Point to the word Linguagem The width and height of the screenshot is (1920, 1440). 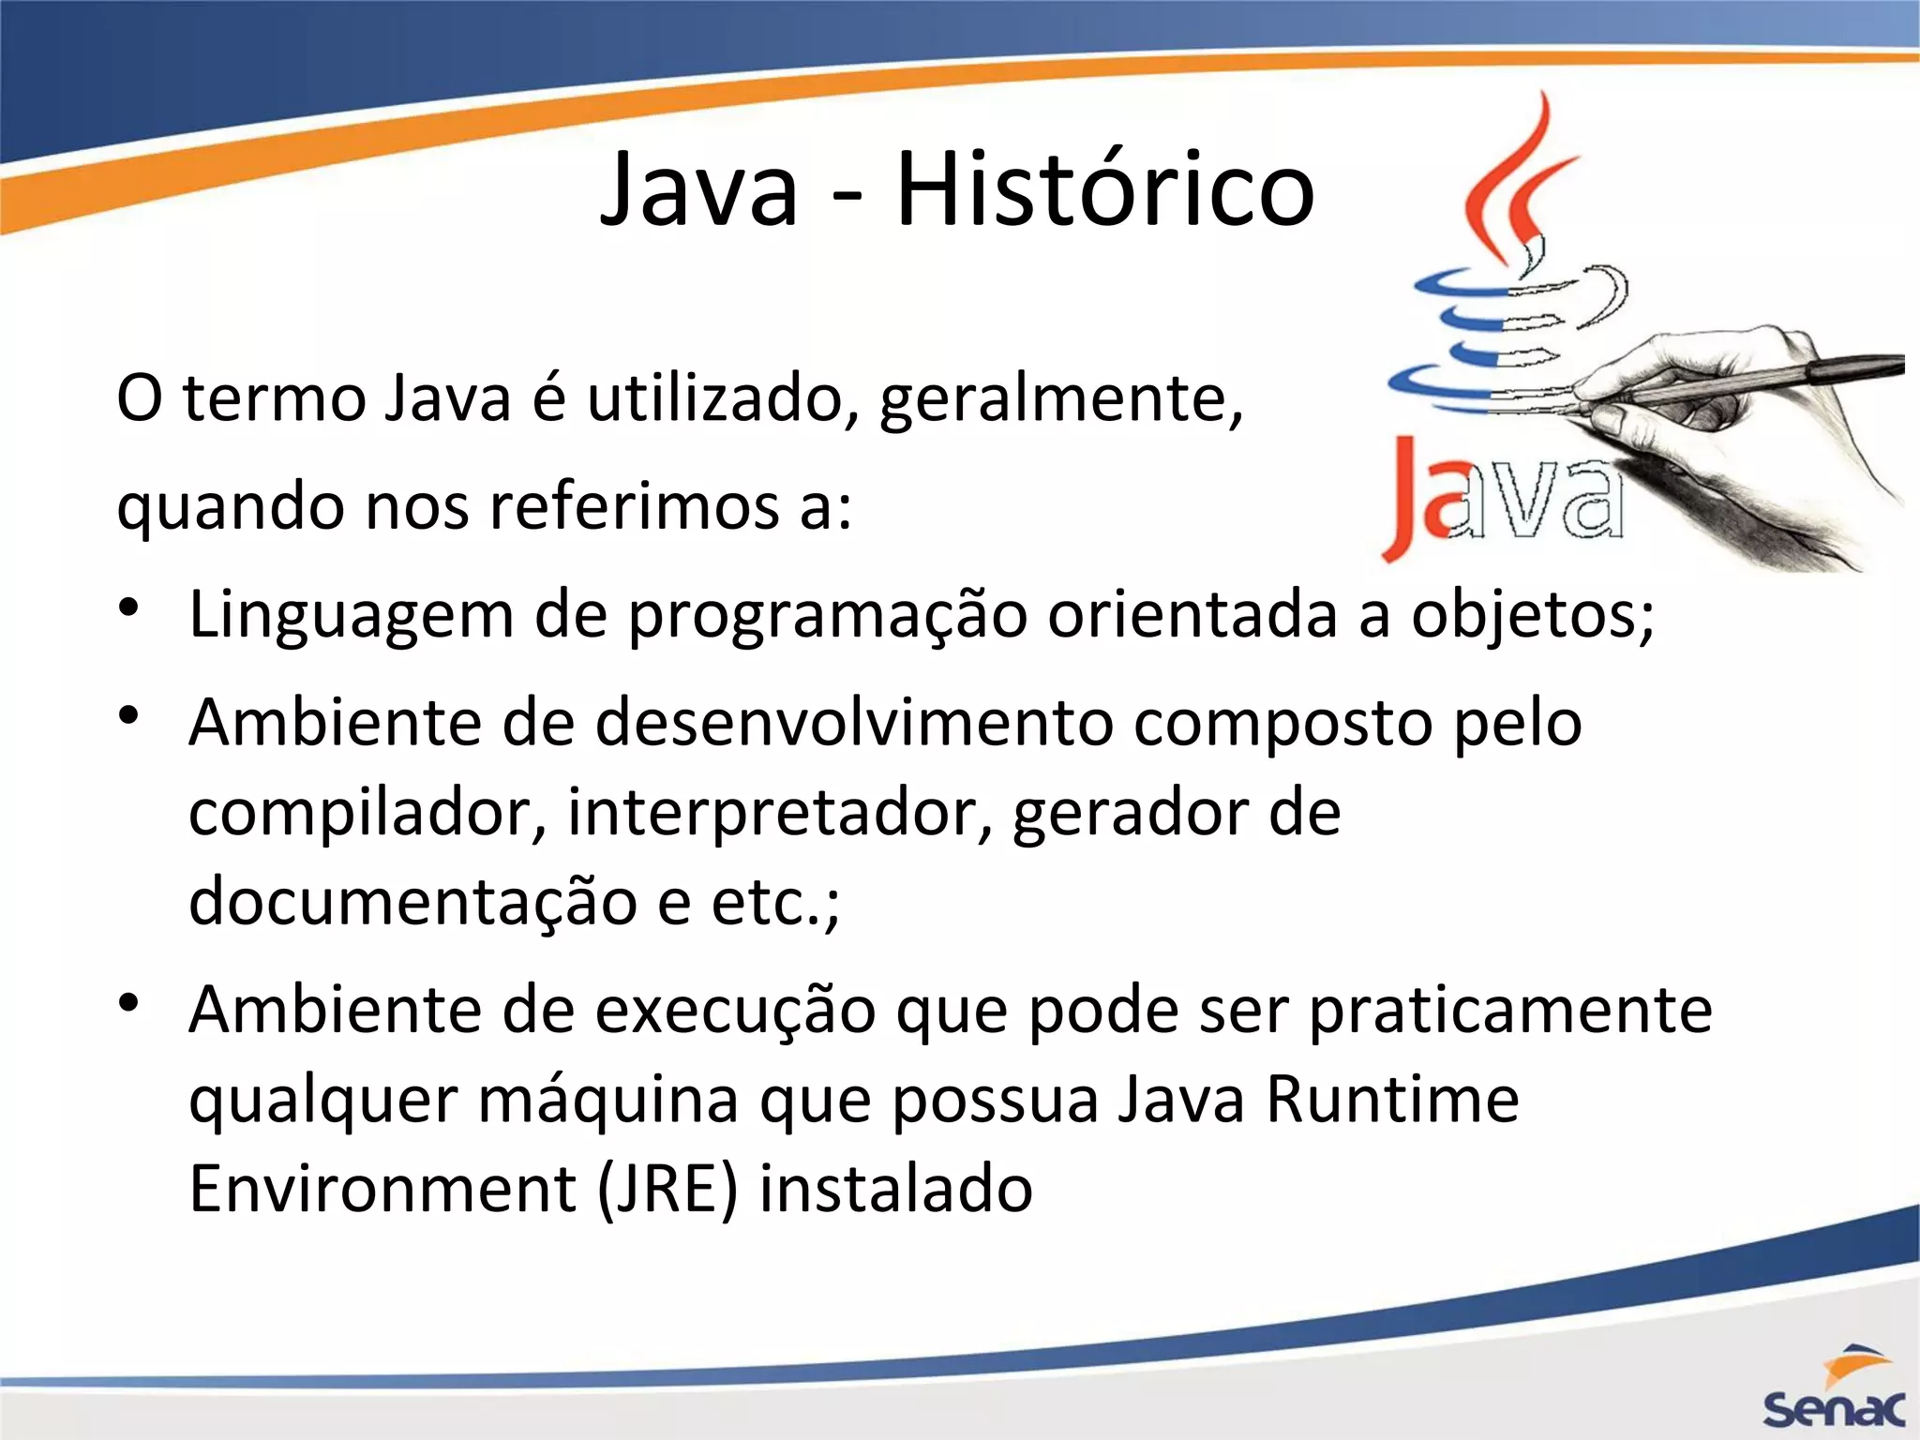coord(352,616)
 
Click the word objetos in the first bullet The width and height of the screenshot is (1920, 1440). coord(1524,616)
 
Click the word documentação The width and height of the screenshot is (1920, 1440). coord(412,901)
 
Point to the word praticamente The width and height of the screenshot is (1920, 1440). coord(1509,1011)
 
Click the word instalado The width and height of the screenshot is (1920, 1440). coord(895,1189)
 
